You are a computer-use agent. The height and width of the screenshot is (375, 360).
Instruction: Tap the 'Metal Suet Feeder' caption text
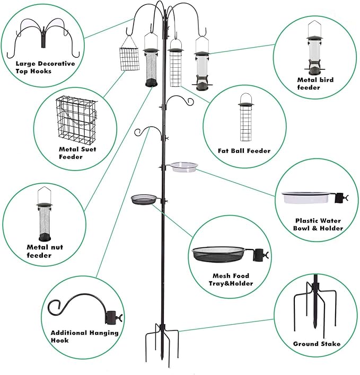point(77,153)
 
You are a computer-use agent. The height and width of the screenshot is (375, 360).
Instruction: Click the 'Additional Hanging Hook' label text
point(84,336)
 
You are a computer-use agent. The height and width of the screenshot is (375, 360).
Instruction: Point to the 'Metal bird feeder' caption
point(315,84)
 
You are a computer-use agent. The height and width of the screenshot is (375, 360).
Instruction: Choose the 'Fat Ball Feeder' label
point(244,151)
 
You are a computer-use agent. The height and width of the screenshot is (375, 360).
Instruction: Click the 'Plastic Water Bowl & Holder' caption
point(318,224)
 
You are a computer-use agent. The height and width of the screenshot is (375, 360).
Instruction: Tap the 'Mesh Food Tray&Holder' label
point(231,280)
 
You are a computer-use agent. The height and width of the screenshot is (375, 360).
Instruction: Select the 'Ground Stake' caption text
point(317,344)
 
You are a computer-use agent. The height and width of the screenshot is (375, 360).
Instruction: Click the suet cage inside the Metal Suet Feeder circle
point(75,119)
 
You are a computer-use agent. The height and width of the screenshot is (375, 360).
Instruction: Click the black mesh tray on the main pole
point(144,199)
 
